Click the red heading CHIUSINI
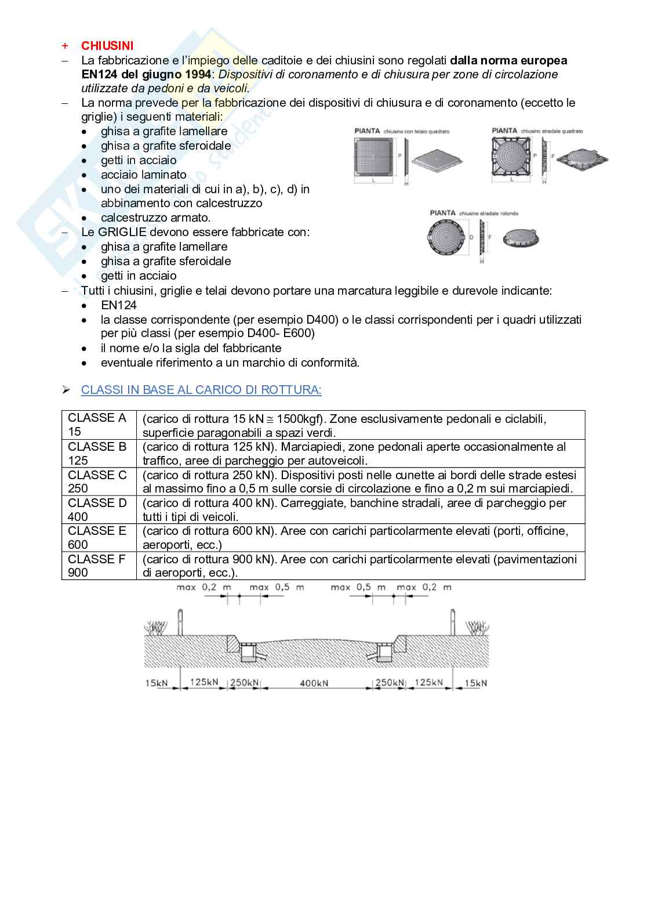(x=107, y=46)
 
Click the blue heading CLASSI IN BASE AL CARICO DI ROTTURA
(x=201, y=390)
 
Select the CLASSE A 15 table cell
(x=98, y=425)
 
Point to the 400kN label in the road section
(x=314, y=683)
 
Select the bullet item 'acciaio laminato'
(x=143, y=175)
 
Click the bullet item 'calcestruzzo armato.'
(x=155, y=218)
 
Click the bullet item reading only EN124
(x=119, y=305)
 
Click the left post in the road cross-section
(x=180, y=622)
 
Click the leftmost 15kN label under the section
(x=156, y=683)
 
